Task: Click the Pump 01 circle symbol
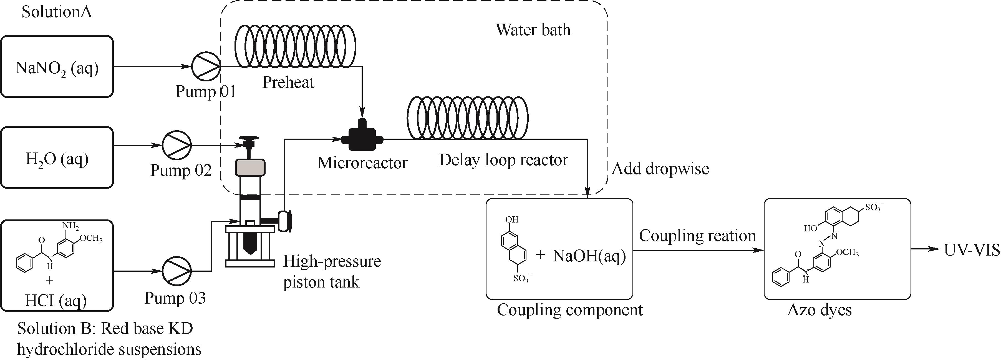click(x=206, y=66)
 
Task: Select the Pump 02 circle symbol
click(x=177, y=145)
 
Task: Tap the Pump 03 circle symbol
click(x=177, y=271)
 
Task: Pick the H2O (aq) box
click(x=57, y=158)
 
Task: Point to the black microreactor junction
click(x=362, y=138)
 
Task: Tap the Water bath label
click(x=533, y=30)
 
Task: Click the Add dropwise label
click(x=660, y=169)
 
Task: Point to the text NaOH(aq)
click(x=589, y=256)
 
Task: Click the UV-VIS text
click(x=972, y=250)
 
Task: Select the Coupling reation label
click(x=697, y=236)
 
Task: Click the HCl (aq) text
click(x=56, y=301)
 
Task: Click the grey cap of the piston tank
click(x=250, y=167)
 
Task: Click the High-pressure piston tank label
click(x=331, y=271)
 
